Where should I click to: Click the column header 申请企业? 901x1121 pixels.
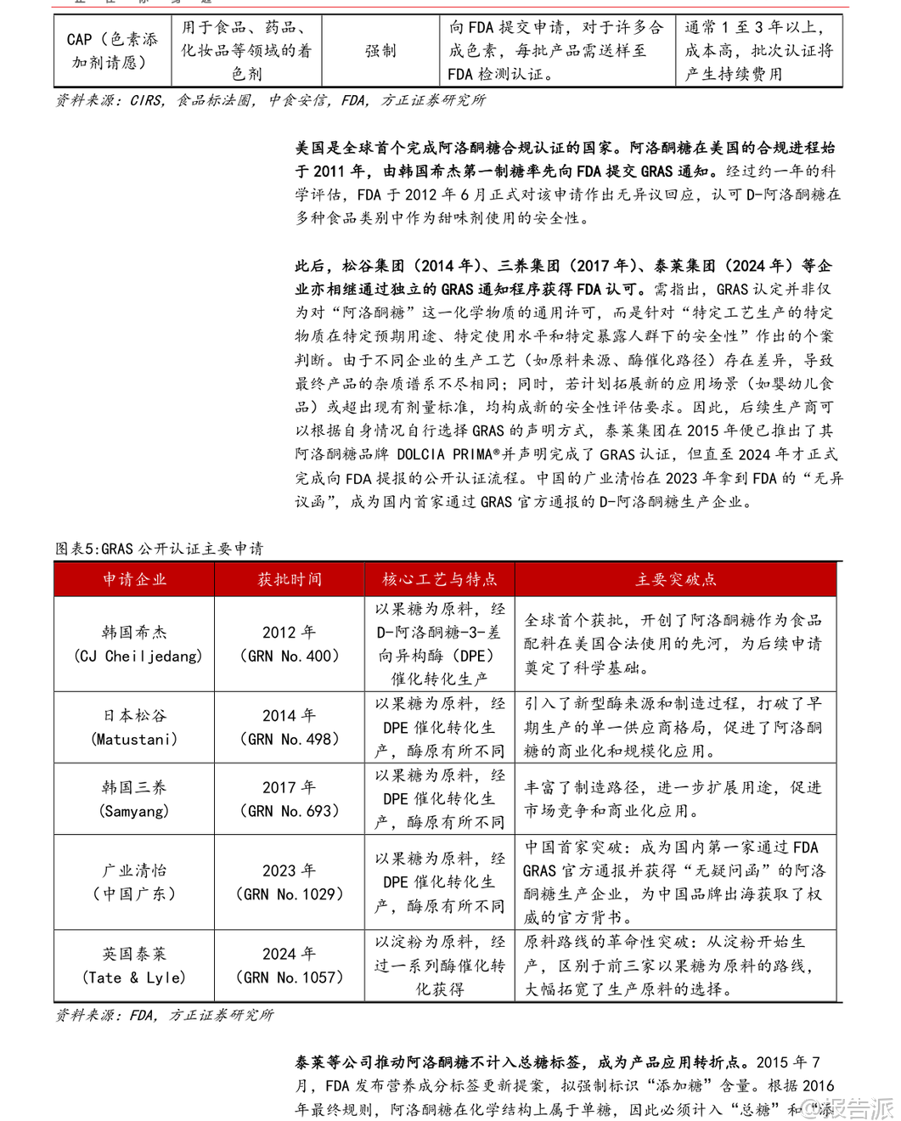134,579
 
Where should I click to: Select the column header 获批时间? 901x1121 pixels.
290,579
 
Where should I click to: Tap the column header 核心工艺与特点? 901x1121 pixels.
439,579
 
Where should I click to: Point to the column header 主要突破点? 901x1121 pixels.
675,579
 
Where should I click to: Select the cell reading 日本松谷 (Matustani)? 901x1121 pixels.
134,727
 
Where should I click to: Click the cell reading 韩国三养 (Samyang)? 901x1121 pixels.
134,799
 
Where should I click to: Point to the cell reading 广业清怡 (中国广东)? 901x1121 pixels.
134,882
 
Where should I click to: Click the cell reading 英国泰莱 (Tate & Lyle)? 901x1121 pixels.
134,966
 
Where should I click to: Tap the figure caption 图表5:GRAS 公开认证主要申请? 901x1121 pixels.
160,549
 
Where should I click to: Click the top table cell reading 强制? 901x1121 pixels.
380,51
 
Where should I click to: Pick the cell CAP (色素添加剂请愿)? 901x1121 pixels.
112,51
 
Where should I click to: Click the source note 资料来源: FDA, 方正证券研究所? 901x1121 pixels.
165,1015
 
